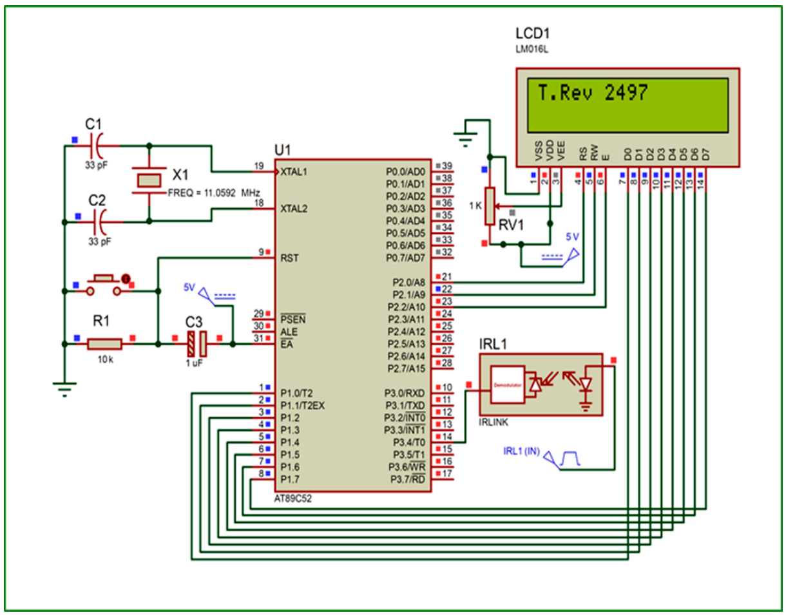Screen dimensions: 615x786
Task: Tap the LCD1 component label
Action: pos(533,34)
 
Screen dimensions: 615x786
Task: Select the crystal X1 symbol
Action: pos(149,181)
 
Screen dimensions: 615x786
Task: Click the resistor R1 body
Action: pos(104,345)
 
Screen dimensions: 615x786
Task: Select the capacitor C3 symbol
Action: pos(196,345)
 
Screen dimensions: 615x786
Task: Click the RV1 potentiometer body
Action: pos(490,207)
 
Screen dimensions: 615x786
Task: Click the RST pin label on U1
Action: pos(289,258)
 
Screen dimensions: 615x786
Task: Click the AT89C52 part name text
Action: pos(297,498)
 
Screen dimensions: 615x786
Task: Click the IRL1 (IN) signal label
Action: pos(521,451)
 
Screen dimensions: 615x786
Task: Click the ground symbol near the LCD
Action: pos(465,136)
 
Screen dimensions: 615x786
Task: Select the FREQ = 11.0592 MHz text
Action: pos(213,193)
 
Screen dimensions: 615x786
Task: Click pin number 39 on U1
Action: pos(445,166)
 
